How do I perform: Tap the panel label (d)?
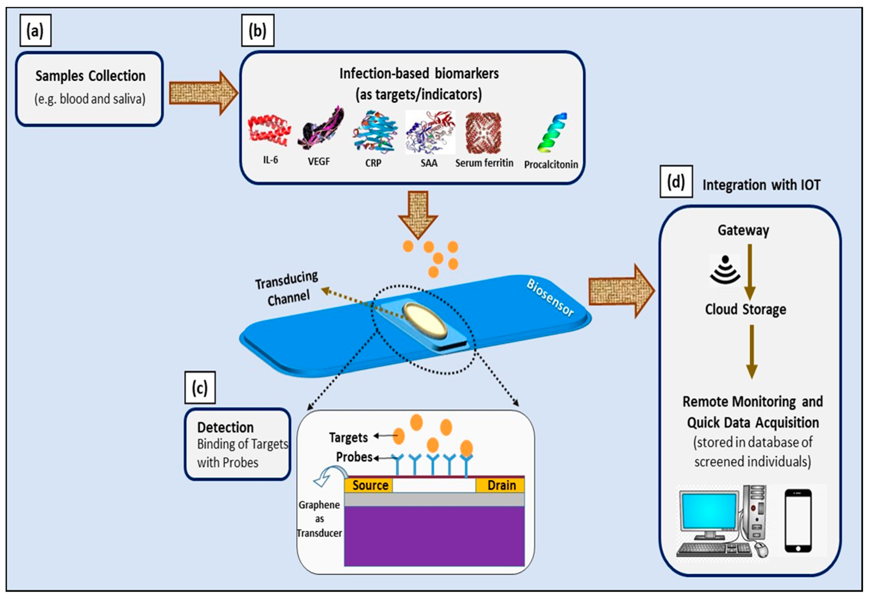point(676,182)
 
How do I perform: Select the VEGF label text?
point(319,161)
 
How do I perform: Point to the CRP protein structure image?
point(374,131)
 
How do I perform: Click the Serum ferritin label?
point(484,163)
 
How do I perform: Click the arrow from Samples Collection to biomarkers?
point(203,93)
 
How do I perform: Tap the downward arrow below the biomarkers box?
point(418,214)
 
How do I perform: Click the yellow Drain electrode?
point(501,485)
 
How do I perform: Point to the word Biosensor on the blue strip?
point(550,298)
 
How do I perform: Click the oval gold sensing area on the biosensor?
point(425,319)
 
